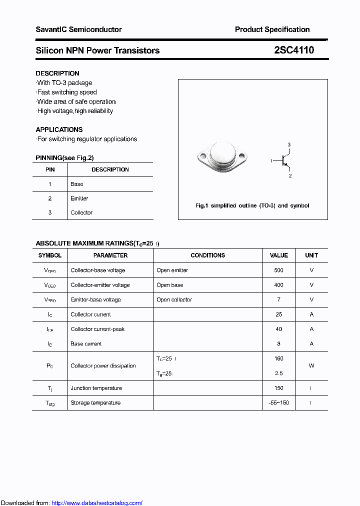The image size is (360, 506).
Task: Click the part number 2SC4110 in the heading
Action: point(294,50)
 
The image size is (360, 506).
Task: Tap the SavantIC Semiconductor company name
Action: point(78,29)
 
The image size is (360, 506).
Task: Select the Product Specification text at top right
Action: point(272,29)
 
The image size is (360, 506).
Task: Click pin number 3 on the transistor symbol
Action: point(289,144)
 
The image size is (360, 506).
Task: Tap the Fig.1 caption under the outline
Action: point(252,205)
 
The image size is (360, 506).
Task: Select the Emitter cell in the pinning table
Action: point(79,198)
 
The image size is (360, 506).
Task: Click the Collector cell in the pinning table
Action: point(81,212)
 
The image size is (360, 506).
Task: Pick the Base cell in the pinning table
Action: point(77,184)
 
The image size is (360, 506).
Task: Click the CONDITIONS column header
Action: point(207,255)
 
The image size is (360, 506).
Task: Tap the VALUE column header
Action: point(278,255)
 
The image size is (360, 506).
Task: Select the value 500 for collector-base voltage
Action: point(278,270)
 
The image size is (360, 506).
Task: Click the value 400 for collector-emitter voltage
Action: point(278,285)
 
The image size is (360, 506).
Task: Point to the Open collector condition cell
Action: point(174,300)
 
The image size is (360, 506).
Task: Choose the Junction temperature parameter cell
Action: point(96,388)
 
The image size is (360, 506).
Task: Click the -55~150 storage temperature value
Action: point(278,403)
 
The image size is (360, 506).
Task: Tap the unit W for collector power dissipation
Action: point(311,366)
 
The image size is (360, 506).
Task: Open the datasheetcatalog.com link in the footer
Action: point(97,503)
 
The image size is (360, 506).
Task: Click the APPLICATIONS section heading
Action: point(59,129)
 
